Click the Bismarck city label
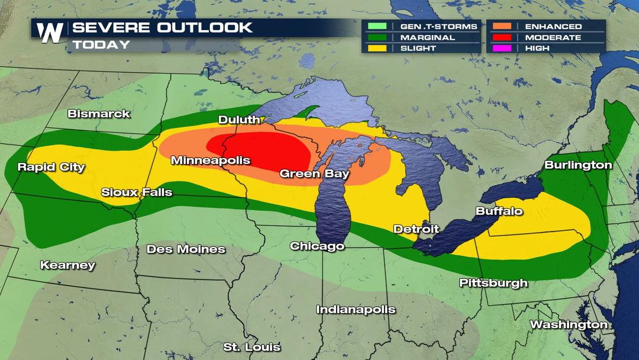(99, 114)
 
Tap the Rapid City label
(51, 167)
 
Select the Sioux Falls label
(137, 192)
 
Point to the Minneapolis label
(211, 160)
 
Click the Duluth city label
(239, 120)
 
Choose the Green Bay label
(314, 174)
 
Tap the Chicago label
(317, 246)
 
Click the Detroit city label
(417, 229)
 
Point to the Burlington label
(578, 165)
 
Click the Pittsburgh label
(493, 283)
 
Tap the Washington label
(569, 324)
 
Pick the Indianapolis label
(356, 309)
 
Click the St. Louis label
(252, 347)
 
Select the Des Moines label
(186, 249)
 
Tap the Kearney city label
(67, 265)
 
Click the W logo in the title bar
(50, 33)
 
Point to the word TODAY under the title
(101, 45)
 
